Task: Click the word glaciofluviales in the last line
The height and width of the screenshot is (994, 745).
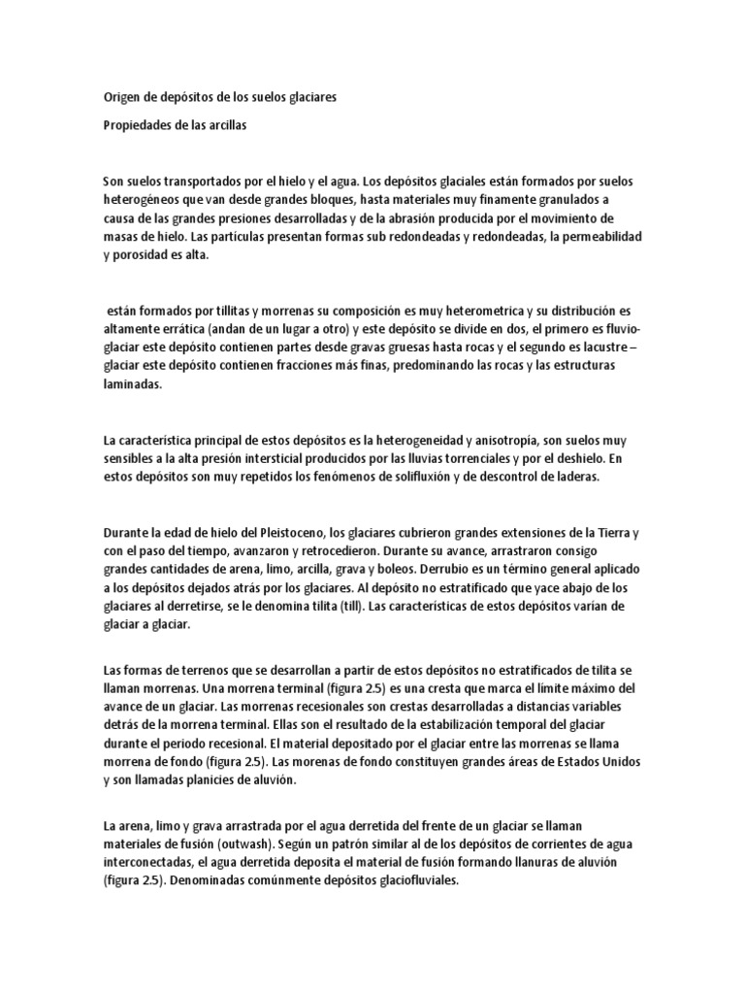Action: point(407,879)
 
